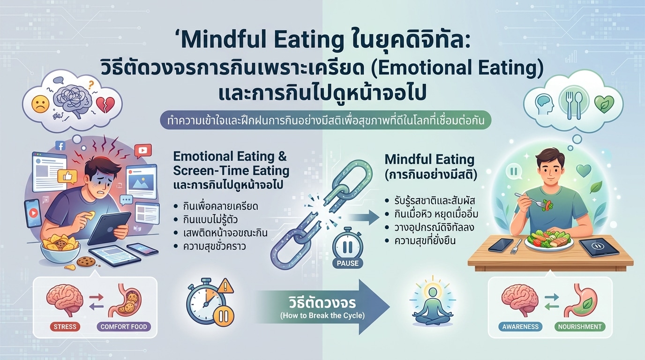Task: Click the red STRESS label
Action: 65,327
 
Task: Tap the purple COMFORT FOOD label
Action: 124,327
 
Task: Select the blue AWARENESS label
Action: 520,327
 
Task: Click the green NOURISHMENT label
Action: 580,327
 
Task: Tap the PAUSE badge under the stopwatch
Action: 348,263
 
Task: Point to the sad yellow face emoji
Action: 41,104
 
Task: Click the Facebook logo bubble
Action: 61,146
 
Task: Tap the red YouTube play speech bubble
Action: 142,150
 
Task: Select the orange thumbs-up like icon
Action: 67,176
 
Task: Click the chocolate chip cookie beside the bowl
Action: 86,262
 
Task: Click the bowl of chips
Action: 60,249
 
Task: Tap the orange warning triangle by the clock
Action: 225,285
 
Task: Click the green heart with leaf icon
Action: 604,104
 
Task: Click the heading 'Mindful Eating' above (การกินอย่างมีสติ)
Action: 429,159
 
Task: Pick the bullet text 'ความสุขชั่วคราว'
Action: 214,247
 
